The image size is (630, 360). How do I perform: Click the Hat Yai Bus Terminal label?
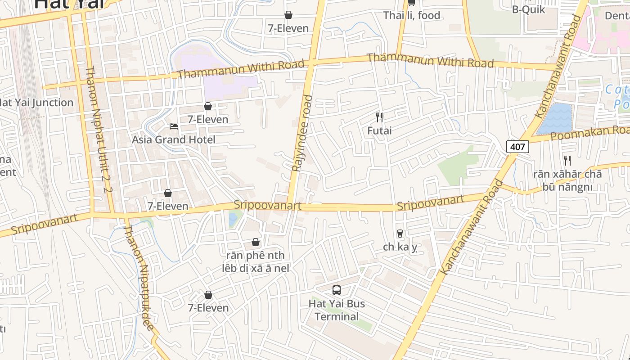click(x=337, y=310)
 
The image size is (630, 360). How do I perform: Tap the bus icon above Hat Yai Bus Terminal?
click(x=337, y=290)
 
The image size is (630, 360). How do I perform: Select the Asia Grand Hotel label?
click(x=174, y=139)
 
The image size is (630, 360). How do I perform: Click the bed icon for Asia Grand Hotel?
click(x=174, y=126)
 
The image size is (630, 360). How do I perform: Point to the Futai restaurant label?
click(x=379, y=131)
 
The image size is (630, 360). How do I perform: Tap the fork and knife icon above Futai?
click(x=379, y=117)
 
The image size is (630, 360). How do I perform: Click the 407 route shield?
click(x=517, y=146)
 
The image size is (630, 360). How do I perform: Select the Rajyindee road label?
click(x=301, y=133)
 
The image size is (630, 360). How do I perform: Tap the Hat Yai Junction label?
click(x=36, y=103)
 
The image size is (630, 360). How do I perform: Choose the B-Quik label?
click(x=528, y=9)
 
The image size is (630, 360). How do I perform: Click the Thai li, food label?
click(x=411, y=16)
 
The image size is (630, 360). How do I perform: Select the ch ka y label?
click(x=400, y=247)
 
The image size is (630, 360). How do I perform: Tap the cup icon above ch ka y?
click(x=400, y=234)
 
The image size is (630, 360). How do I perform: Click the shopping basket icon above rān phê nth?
click(x=256, y=242)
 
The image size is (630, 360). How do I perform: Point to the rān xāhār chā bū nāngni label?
click(x=567, y=180)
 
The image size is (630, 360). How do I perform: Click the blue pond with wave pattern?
click(x=554, y=119)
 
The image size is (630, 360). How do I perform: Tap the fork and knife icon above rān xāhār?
click(x=567, y=160)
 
